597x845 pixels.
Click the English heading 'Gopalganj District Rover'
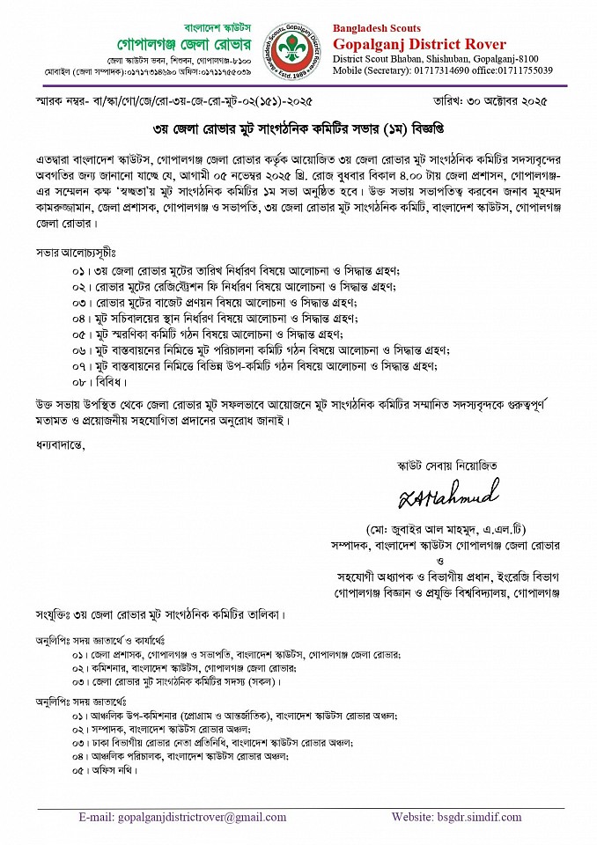pos(419,44)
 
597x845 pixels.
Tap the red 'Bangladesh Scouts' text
pos(377,28)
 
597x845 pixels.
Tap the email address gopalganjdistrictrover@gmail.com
pos(170,818)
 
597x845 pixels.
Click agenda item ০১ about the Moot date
pos(237,269)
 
